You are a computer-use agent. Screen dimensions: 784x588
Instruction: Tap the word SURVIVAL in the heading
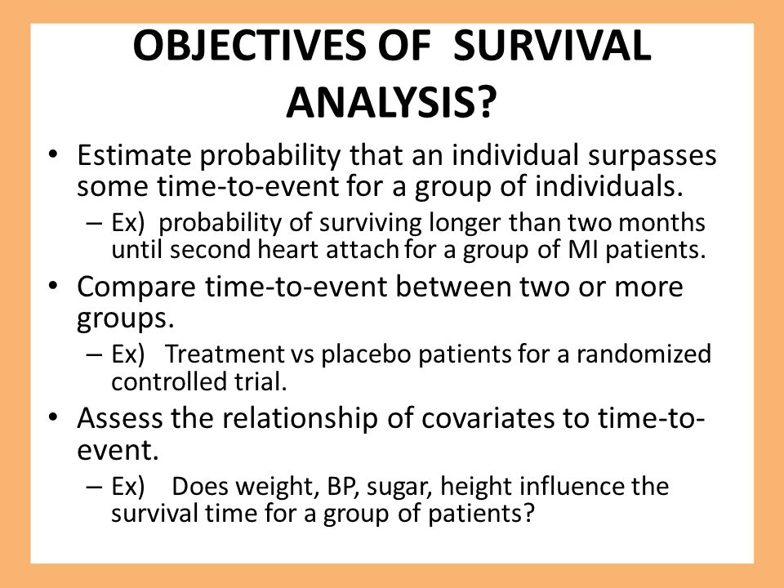point(553,46)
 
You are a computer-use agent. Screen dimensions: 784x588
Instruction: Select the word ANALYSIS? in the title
point(391,103)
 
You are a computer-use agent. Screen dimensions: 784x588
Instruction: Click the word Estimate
point(134,155)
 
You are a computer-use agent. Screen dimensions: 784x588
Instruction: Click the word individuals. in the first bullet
point(609,186)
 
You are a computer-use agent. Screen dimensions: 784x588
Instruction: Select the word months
point(662,223)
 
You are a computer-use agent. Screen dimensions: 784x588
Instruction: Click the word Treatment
point(225,354)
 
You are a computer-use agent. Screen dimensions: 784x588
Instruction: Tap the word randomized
point(644,354)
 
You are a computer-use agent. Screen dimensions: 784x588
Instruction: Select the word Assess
point(120,418)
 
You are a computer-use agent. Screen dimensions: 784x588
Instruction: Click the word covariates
point(488,418)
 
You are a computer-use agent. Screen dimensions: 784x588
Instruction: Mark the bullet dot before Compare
point(54,287)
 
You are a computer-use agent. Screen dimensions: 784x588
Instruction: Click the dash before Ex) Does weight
point(94,487)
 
